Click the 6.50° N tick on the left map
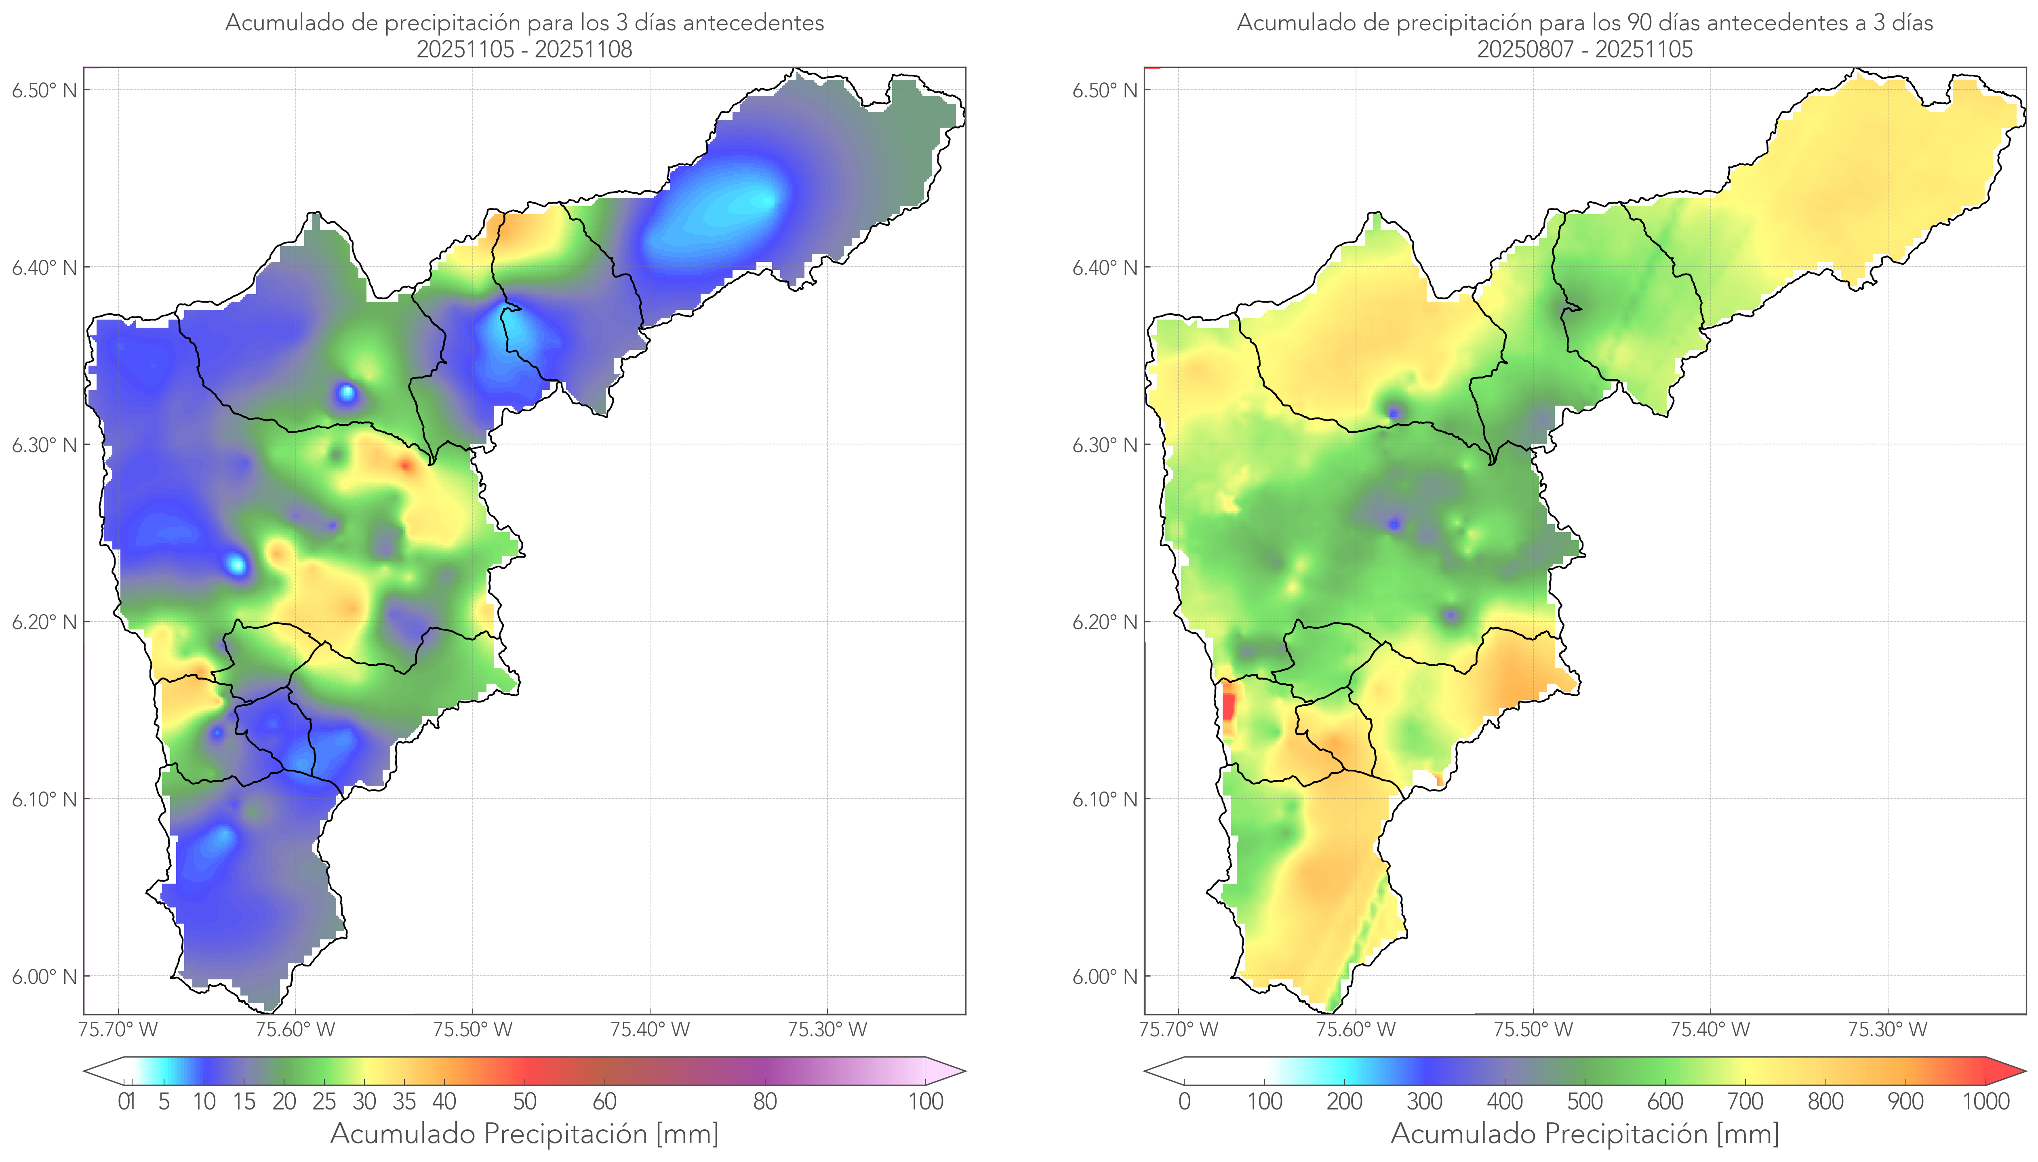(44, 90)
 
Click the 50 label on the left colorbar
(524, 1101)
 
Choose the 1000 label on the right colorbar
(1985, 1101)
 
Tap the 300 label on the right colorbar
(1424, 1101)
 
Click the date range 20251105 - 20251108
(524, 49)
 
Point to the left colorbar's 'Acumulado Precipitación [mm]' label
(524, 1133)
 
